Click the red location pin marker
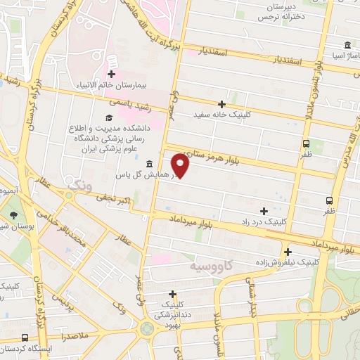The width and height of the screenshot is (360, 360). [x=181, y=166]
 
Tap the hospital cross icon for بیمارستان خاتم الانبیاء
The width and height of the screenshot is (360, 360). [x=112, y=73]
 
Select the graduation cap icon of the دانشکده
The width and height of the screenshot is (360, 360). [x=109, y=117]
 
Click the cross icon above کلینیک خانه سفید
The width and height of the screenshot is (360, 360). [x=222, y=103]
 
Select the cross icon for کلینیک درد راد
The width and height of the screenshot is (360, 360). [x=264, y=210]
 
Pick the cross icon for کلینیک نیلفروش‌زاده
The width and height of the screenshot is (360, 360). [x=288, y=251]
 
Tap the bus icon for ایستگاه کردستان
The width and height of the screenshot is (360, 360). [x=25, y=338]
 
